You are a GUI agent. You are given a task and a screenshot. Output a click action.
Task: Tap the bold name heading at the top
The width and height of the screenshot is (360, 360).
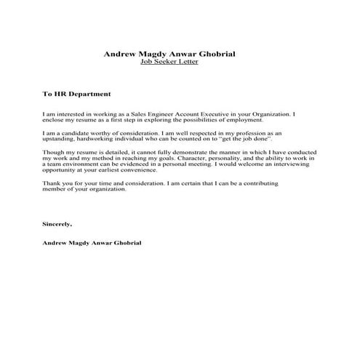point(169,54)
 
